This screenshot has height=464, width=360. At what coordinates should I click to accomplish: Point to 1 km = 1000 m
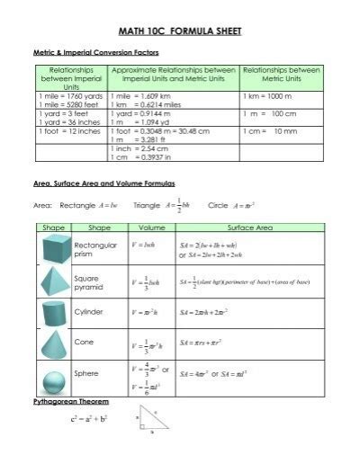(x=266, y=94)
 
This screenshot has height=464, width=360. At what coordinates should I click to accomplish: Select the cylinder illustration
(x=51, y=314)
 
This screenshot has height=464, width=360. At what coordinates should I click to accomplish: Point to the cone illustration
(x=51, y=344)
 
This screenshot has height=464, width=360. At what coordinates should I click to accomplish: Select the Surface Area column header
(x=250, y=228)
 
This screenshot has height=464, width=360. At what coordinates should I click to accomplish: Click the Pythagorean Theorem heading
(x=70, y=400)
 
